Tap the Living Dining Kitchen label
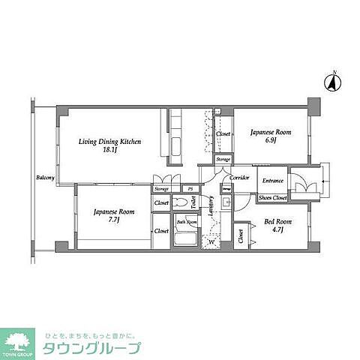click(x=111, y=141)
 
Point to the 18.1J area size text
click(x=109, y=150)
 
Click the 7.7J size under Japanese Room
click(x=115, y=221)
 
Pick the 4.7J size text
click(x=274, y=232)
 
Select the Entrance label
click(x=272, y=181)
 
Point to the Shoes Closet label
click(x=273, y=197)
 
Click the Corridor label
click(x=239, y=178)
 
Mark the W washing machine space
click(x=212, y=241)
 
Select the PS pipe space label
click(x=190, y=188)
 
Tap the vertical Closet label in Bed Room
click(x=241, y=235)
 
